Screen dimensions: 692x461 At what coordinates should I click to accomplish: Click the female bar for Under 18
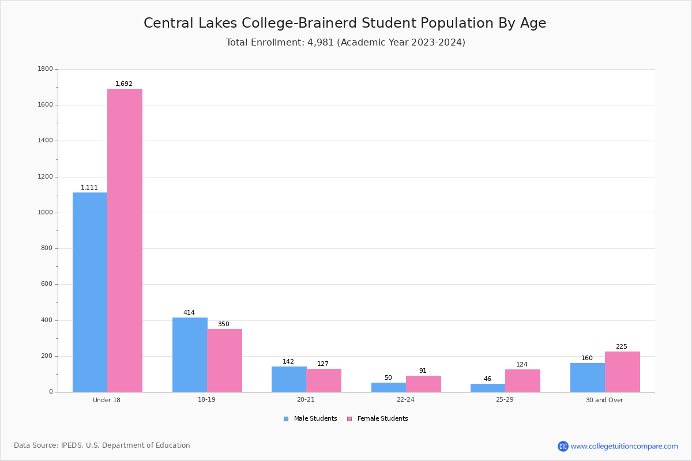[125, 240]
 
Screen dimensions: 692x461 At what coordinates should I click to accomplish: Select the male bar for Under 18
[90, 292]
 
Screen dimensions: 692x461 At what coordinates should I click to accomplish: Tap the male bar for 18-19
[190, 355]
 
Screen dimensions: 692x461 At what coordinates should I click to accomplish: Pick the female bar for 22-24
[423, 384]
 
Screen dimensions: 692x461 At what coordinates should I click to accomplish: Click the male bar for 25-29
[488, 388]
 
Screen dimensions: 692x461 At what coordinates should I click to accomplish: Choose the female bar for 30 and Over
[622, 372]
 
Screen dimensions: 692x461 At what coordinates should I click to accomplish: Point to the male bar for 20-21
[289, 379]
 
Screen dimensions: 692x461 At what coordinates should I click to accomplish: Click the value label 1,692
[124, 84]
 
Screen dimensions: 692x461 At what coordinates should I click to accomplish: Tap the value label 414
[189, 312]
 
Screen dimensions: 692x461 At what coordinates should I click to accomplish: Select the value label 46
[487, 379]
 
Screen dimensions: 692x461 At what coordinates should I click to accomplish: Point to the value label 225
[622, 346]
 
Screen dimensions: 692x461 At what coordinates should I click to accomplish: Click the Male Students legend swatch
[286, 419]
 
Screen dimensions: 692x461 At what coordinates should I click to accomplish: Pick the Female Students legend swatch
[349, 419]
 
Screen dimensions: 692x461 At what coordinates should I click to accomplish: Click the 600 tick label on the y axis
[47, 284]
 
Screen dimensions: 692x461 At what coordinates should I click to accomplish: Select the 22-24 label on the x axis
[405, 399]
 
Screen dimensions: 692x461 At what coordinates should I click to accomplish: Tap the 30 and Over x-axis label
[604, 400]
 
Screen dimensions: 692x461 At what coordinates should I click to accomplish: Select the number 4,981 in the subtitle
[321, 42]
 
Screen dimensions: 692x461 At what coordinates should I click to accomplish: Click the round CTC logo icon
[563, 446]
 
